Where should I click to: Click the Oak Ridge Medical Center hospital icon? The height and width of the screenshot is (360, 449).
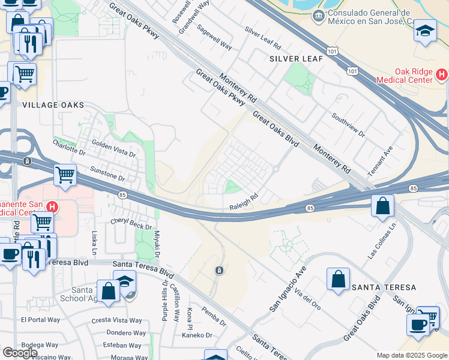point(442,75)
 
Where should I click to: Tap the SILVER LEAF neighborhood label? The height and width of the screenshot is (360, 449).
point(296,59)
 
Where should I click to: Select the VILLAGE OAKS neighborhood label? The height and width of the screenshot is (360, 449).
point(53,105)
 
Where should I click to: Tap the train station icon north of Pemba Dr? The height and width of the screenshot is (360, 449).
point(220,271)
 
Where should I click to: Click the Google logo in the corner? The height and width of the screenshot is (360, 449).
point(20,353)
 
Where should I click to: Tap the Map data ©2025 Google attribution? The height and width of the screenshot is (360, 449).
point(412,355)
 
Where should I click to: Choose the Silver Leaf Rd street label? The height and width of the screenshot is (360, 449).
point(263,37)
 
